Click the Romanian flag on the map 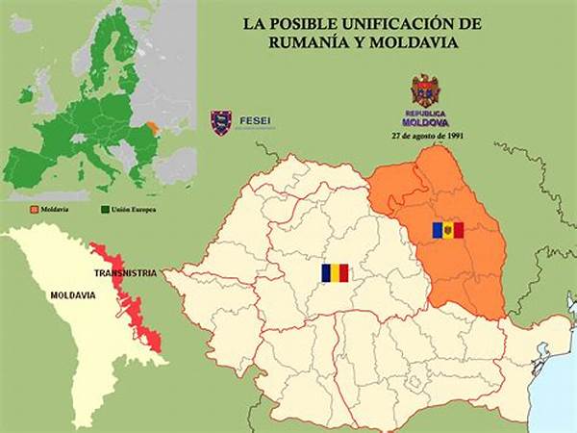pyautogui.click(x=336, y=273)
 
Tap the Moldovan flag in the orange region pyautogui.click(x=447, y=230)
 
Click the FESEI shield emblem pyautogui.click(x=222, y=122)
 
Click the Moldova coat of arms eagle pyautogui.click(x=425, y=90)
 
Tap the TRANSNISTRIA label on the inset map pyautogui.click(x=125, y=273)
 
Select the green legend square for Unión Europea pyautogui.click(x=105, y=208)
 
